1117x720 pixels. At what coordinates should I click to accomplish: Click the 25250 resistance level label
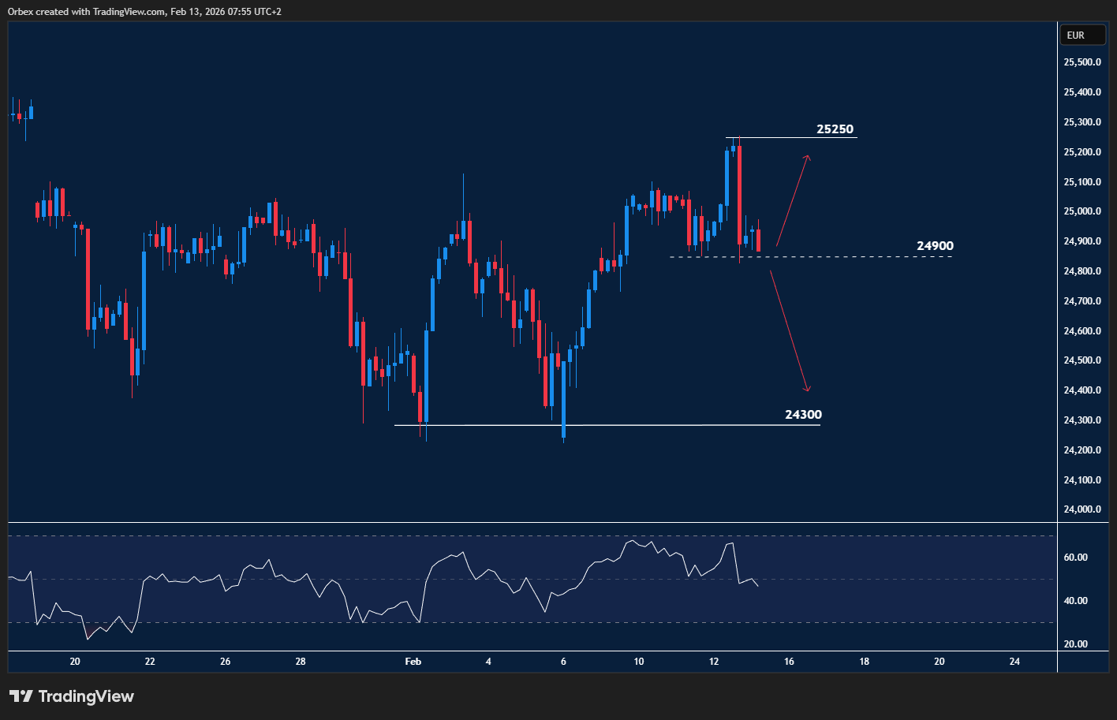pos(835,129)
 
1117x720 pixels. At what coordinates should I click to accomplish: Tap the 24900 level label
pos(935,246)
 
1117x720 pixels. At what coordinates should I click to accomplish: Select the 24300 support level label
pos(803,415)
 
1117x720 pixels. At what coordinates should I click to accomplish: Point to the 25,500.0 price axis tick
pos(1082,62)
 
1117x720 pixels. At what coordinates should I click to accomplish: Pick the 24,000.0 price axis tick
pos(1082,509)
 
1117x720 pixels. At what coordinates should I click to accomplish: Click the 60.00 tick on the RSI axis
pos(1076,558)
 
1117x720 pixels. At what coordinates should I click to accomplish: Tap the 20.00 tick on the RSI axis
pos(1076,644)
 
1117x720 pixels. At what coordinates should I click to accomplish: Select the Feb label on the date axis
pos(413,662)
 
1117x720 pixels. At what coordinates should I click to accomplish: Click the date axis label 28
pos(301,662)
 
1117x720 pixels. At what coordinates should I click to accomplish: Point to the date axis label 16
pos(789,662)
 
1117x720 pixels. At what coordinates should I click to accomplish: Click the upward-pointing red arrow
pos(792,200)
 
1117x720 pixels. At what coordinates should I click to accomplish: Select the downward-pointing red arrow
pos(790,331)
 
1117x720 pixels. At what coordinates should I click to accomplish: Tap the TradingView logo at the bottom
pos(72,696)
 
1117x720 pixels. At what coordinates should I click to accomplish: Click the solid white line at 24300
pos(631,425)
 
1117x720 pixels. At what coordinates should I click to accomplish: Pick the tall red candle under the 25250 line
pos(739,193)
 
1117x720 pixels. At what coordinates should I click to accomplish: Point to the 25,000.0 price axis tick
pos(1082,211)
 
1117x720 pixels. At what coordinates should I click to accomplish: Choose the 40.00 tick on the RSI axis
pos(1076,601)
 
